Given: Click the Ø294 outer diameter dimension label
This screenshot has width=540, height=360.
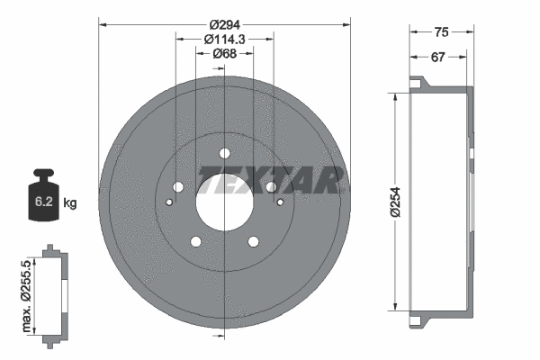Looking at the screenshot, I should click(223, 24).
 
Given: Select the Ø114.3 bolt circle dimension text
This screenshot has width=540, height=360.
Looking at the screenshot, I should click(224, 40).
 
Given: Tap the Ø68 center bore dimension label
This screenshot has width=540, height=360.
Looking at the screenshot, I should click(224, 55).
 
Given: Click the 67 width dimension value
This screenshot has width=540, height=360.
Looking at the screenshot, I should click(437, 57).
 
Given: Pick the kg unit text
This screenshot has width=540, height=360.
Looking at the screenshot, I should click(70, 203).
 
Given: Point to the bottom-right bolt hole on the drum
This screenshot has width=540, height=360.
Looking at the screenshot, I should click(253, 240).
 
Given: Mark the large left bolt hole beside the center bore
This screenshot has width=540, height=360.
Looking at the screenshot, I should click(177, 186).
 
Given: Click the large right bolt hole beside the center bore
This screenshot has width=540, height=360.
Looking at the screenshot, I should click(270, 186).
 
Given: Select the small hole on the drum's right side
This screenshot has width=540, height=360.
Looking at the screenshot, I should click(280, 202).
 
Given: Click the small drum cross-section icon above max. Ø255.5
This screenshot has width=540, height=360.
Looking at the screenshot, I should click(52, 292).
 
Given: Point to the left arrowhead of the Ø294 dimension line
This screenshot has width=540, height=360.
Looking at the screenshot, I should click(101, 24).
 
